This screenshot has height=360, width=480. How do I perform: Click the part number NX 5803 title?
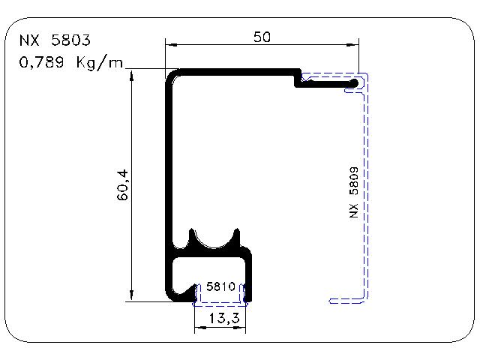55,40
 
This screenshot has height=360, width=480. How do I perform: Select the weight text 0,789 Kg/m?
71,63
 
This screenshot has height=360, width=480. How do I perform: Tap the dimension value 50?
262,37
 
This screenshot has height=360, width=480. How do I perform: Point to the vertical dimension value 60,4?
122,185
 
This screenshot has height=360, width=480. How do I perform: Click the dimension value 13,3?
224,318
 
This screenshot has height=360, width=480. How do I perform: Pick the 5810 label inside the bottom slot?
220,286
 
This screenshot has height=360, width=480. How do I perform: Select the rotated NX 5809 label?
353,192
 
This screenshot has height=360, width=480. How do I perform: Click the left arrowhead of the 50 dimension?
172,45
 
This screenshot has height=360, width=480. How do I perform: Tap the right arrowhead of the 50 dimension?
352,45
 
